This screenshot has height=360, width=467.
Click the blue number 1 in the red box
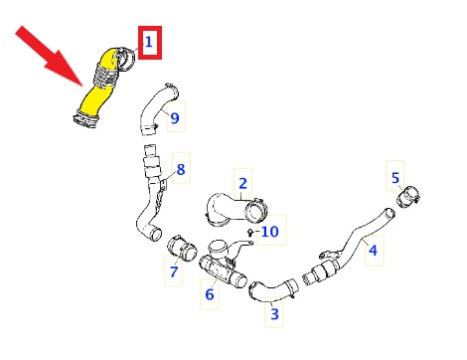[x=149, y=42]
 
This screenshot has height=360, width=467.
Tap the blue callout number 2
[x=242, y=183]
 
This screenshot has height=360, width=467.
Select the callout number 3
[x=274, y=314]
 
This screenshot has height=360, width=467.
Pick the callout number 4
[x=373, y=251]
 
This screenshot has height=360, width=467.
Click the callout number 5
[x=395, y=178]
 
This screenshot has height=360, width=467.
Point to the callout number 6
[x=210, y=294]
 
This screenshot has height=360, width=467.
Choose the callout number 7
[x=174, y=271]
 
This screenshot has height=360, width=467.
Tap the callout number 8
[x=181, y=169]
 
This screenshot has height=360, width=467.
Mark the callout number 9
[x=175, y=118]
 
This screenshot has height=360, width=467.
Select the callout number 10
[x=270, y=232]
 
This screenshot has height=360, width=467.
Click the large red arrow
[x=50, y=56]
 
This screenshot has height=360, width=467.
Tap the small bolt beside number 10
[x=250, y=232]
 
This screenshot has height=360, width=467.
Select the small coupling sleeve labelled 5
[x=408, y=197]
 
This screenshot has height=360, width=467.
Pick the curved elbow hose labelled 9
[x=156, y=109]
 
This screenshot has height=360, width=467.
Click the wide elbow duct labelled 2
[x=232, y=210]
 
